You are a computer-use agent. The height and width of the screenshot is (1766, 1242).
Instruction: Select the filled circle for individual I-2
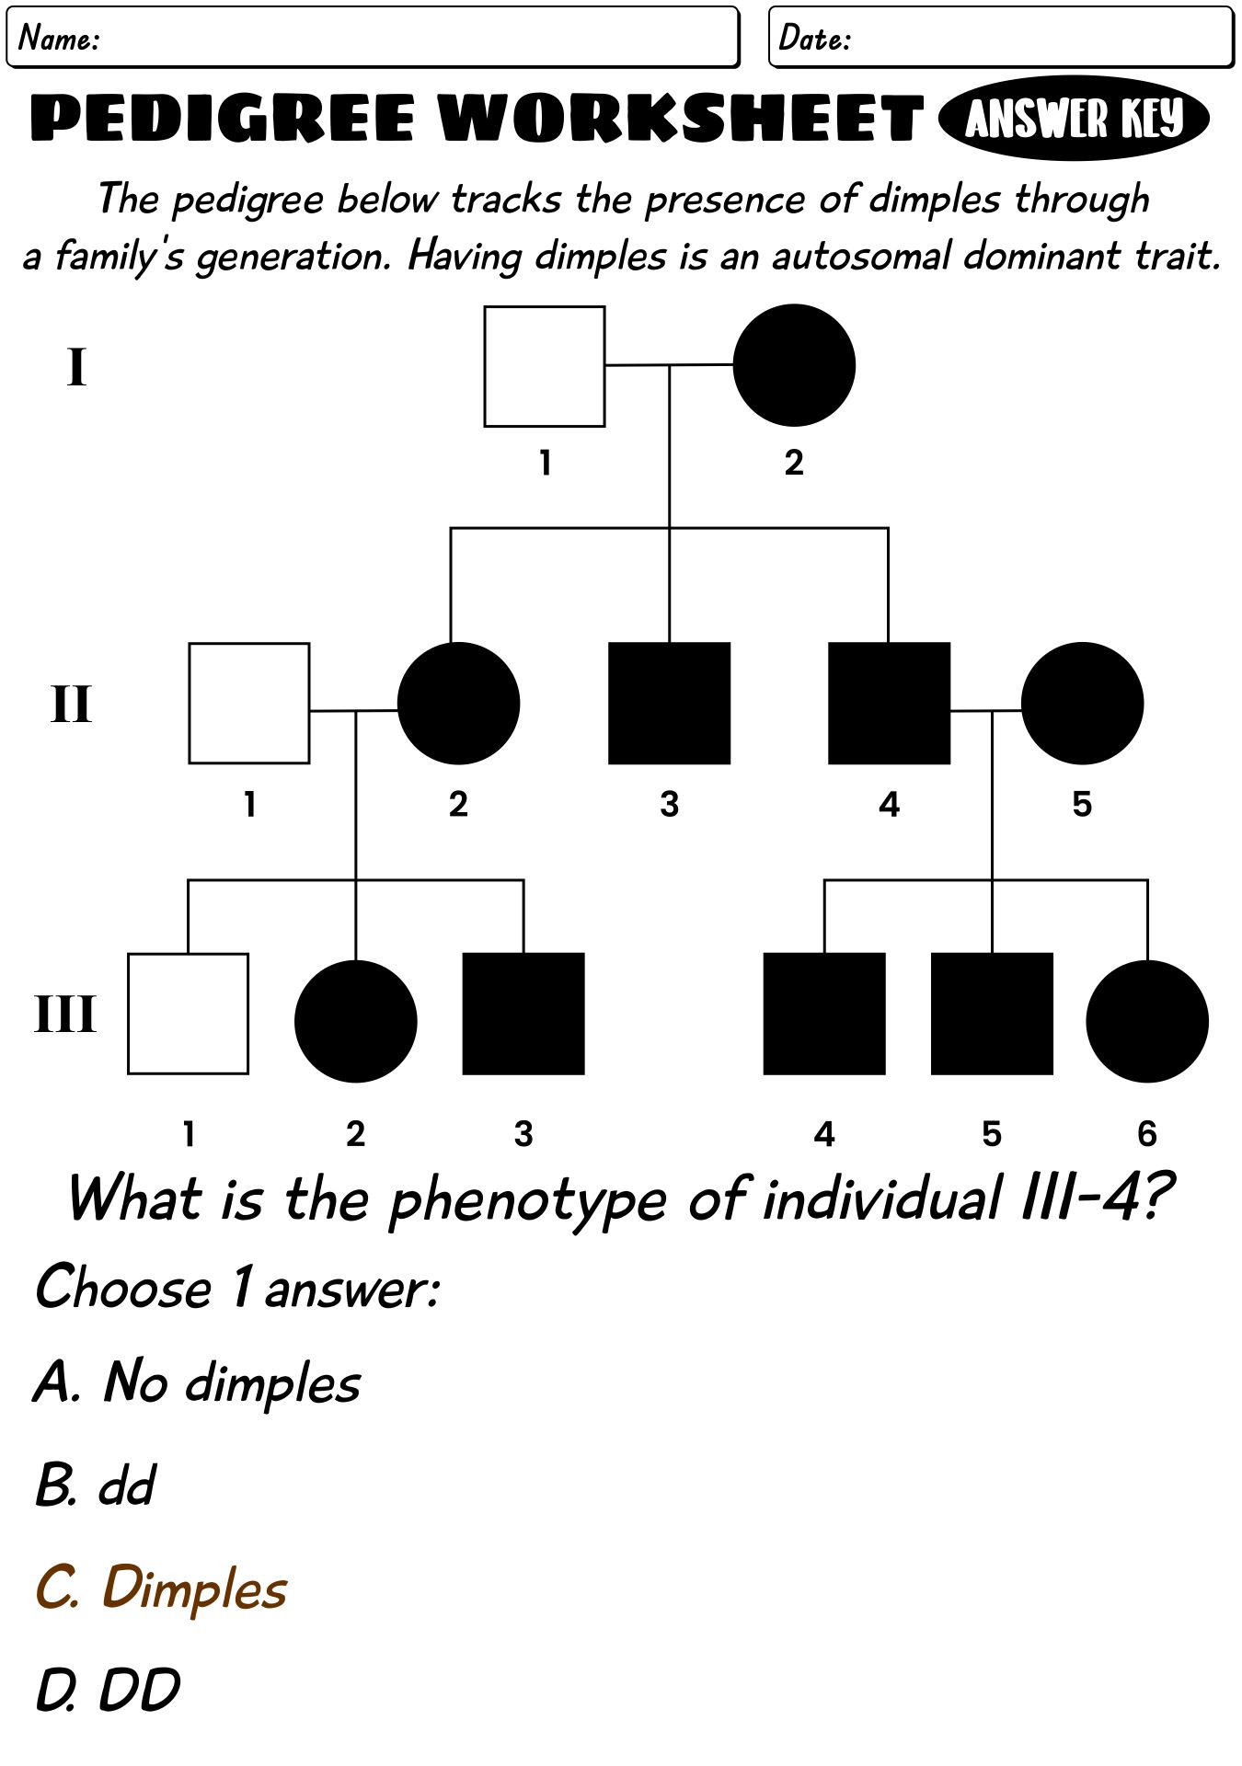pyautogui.click(x=794, y=365)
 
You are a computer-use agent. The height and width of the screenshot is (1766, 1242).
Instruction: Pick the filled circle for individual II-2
pyautogui.click(x=458, y=703)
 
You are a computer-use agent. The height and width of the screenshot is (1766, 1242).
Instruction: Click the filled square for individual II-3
pyautogui.click(x=670, y=703)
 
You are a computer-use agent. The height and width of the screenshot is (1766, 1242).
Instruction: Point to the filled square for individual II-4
pyautogui.click(x=889, y=703)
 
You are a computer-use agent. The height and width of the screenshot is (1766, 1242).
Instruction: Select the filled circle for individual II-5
pyautogui.click(x=1082, y=703)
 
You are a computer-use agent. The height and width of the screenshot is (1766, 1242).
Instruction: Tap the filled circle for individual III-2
pyautogui.click(x=356, y=1021)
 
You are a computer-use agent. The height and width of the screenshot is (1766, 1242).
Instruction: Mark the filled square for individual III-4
pyautogui.click(x=824, y=1014)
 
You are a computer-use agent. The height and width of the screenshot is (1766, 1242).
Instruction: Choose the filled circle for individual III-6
pyautogui.click(x=1147, y=1021)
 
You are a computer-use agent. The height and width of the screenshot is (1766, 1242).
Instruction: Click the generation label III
pyautogui.click(x=64, y=1015)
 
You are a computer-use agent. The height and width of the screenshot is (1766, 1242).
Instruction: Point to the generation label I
pyautogui.click(x=76, y=366)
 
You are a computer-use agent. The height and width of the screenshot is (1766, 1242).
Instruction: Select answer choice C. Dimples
pyautogui.click(x=161, y=1588)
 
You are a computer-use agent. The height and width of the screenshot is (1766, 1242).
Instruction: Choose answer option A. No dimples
pyautogui.click(x=198, y=1382)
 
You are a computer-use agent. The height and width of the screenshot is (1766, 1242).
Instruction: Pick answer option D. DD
pyautogui.click(x=108, y=1691)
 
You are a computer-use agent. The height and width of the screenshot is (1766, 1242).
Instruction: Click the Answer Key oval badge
pyautogui.click(x=1074, y=119)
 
